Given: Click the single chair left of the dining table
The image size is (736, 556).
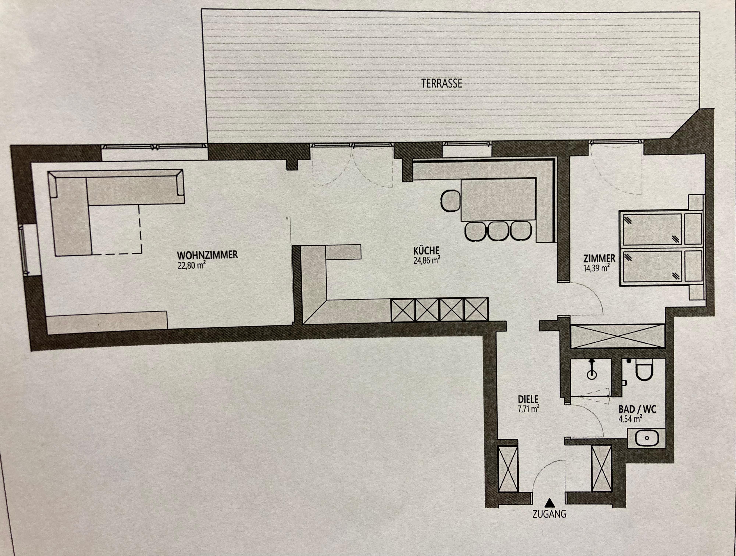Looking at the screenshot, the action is point(451,201).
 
